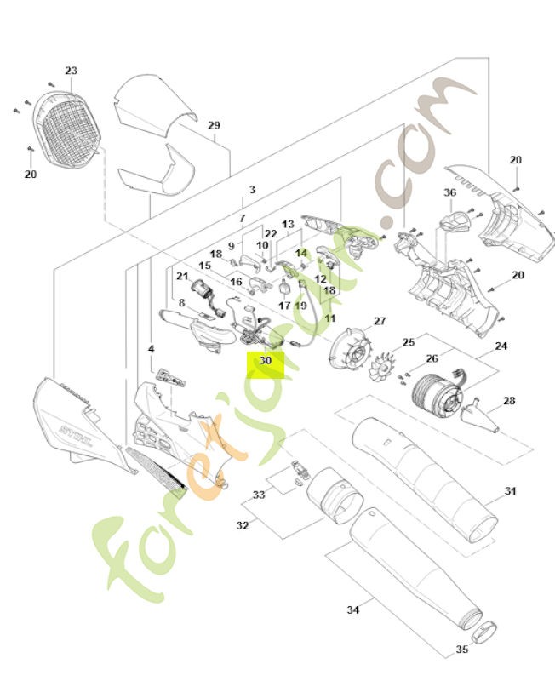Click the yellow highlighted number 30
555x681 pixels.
pyautogui.click(x=265, y=360)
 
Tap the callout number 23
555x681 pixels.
pyautogui.click(x=71, y=71)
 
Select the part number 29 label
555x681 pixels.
pyautogui.click(x=214, y=125)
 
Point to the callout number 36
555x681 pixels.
pyautogui.click(x=450, y=193)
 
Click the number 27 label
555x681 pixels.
pyautogui.click(x=380, y=321)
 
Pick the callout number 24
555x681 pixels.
pyautogui.click(x=501, y=346)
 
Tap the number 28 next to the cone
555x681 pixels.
pyautogui.click(x=509, y=401)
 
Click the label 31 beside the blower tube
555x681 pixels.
pyautogui.click(x=510, y=491)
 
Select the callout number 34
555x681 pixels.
pyautogui.click(x=353, y=609)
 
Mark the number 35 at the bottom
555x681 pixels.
pyautogui.click(x=462, y=650)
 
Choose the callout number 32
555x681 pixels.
pyautogui.click(x=243, y=526)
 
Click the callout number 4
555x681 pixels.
pyautogui.click(x=151, y=349)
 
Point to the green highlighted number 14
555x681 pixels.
pyautogui.click(x=300, y=253)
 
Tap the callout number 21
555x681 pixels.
pyautogui.click(x=182, y=276)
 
